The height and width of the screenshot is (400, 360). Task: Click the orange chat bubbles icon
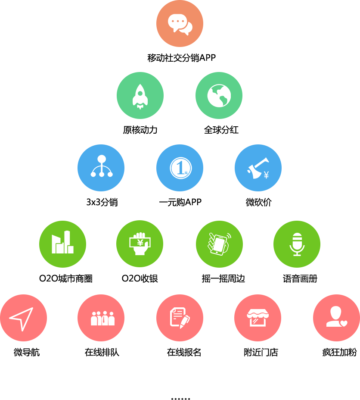(180, 24)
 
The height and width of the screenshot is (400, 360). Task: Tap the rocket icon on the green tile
(140, 96)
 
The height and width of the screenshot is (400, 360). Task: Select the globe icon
(219, 95)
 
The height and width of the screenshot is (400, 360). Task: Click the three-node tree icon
(101, 167)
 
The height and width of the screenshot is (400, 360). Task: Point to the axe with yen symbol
(258, 168)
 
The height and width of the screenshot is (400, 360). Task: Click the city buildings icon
(62, 243)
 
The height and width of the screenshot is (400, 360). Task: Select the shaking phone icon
(219, 244)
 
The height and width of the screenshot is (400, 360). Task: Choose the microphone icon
(297, 244)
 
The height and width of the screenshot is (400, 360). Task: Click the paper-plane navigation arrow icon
(22, 318)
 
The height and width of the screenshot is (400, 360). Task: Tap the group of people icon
(102, 318)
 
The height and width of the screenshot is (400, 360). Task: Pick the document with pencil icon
(180, 318)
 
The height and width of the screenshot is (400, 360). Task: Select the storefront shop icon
(258, 318)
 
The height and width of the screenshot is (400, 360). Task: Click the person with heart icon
(336, 318)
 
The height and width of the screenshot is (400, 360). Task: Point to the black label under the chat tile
(181, 58)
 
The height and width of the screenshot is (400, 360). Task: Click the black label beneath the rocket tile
(140, 130)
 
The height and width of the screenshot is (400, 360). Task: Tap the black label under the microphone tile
(300, 278)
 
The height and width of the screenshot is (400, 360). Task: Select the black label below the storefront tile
(261, 352)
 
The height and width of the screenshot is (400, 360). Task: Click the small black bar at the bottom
(180, 399)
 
